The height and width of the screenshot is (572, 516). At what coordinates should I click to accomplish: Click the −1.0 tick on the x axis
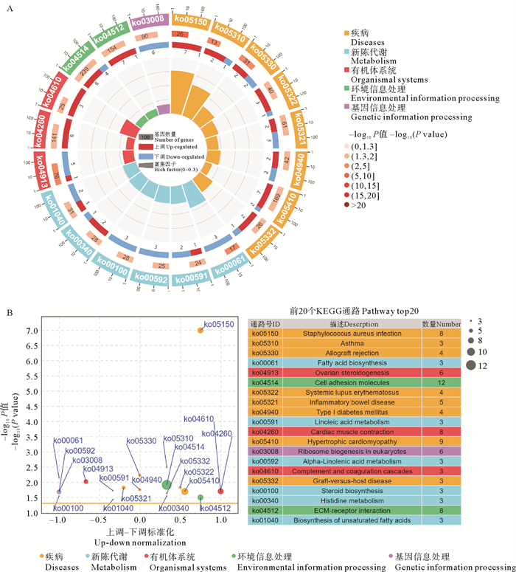click(x=57, y=519)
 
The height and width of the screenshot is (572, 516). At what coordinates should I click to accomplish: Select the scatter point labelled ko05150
click(x=201, y=330)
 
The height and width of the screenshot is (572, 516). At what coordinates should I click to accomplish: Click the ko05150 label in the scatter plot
click(x=219, y=323)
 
